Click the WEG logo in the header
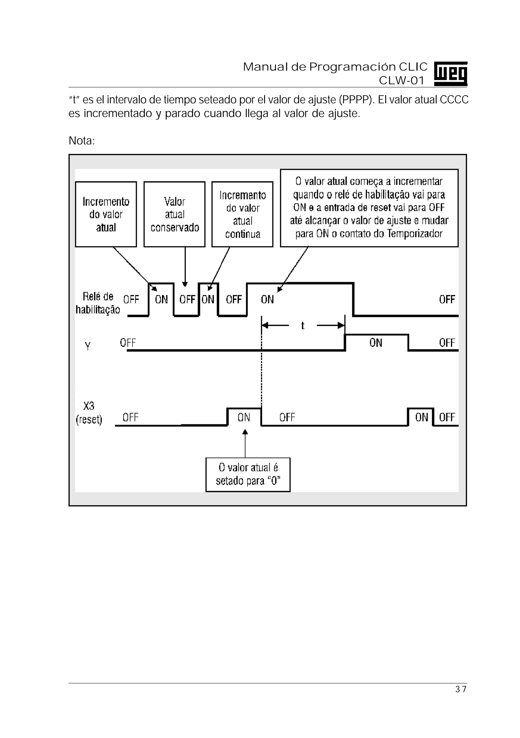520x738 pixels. click(x=450, y=74)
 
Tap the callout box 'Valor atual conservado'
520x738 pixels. click(x=174, y=214)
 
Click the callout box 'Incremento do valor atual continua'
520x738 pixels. click(x=242, y=214)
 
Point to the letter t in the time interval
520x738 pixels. click(x=303, y=326)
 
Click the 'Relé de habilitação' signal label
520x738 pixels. click(x=98, y=303)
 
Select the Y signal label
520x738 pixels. click(x=87, y=346)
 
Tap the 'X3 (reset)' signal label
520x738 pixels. click(x=89, y=413)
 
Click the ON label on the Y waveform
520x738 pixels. click(x=376, y=343)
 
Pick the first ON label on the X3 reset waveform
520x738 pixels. click(x=244, y=417)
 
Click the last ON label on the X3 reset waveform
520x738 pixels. click(x=421, y=417)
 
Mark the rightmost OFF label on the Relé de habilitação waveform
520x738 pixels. click(x=447, y=299)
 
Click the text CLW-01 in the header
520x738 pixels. click(x=402, y=80)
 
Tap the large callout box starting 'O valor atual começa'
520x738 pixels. click(x=369, y=208)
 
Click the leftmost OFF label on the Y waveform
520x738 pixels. click(x=128, y=343)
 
